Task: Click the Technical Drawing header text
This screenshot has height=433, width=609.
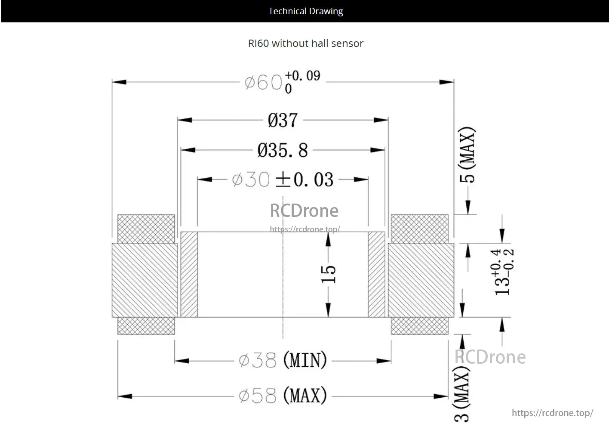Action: click(x=305, y=11)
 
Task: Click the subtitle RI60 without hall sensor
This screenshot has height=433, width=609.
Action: click(x=305, y=43)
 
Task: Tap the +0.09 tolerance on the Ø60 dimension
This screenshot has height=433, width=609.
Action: click(x=303, y=76)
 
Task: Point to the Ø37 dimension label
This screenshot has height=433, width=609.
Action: click(x=282, y=120)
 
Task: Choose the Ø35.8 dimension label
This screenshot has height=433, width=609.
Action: click(x=283, y=150)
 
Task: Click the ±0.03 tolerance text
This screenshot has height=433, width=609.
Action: click(x=304, y=179)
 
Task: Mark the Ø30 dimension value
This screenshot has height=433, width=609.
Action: click(x=251, y=179)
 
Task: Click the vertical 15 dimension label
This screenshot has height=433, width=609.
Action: click(x=328, y=274)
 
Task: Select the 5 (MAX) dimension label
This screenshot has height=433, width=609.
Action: click(x=468, y=155)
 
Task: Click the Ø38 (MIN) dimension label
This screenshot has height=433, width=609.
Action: click(x=283, y=360)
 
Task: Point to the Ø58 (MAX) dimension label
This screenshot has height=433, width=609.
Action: click(x=283, y=396)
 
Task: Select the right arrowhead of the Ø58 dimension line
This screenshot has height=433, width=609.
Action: click(x=442, y=396)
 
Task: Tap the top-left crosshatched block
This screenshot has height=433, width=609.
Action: click(x=146, y=229)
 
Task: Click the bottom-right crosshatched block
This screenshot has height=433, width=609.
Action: click(x=419, y=326)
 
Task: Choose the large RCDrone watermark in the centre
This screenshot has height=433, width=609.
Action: click(x=304, y=211)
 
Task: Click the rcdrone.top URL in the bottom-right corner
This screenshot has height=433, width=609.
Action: click(x=552, y=413)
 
